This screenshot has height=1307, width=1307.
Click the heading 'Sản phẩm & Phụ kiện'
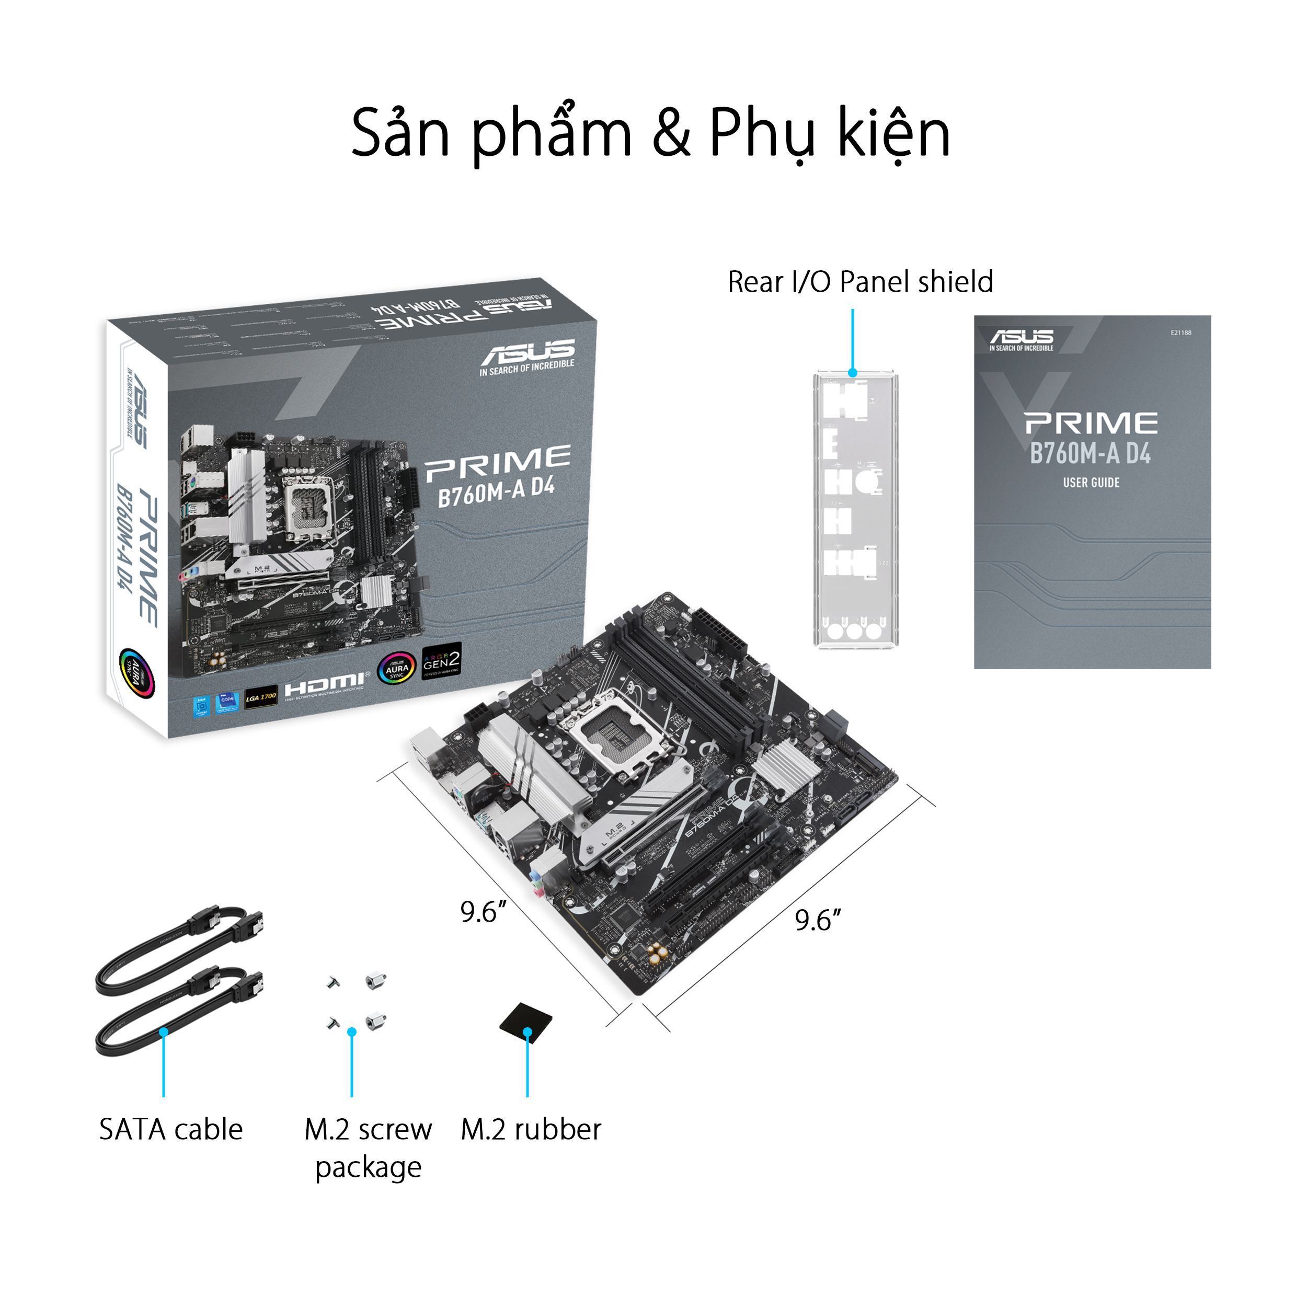[x=651, y=133]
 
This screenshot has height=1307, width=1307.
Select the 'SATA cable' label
[x=170, y=1129]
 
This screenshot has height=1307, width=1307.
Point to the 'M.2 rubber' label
[x=530, y=1129]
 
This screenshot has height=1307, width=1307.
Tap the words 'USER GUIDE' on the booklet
[x=1091, y=483]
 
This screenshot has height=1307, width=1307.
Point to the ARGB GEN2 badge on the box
[x=441, y=661]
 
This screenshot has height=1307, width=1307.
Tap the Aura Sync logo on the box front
[x=396, y=668]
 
